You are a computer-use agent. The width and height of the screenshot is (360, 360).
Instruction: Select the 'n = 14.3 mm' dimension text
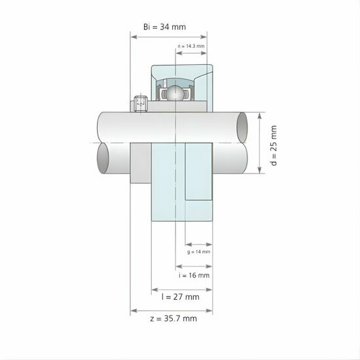click(192, 46)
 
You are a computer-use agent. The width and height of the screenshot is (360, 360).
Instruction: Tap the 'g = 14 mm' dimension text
click(198, 251)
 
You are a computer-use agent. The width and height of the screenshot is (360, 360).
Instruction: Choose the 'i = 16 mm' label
click(194, 276)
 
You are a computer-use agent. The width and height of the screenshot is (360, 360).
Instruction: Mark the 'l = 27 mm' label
click(181, 297)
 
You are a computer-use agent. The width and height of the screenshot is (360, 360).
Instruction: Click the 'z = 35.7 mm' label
click(171, 319)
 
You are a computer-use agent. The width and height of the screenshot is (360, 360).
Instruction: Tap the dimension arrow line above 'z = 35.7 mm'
click(171, 310)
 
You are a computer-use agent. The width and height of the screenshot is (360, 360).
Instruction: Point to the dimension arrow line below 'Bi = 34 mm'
click(169, 37)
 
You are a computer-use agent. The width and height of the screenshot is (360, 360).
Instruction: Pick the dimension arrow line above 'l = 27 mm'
click(181, 288)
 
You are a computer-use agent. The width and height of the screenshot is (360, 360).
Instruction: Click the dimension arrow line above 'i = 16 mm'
click(194, 266)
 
